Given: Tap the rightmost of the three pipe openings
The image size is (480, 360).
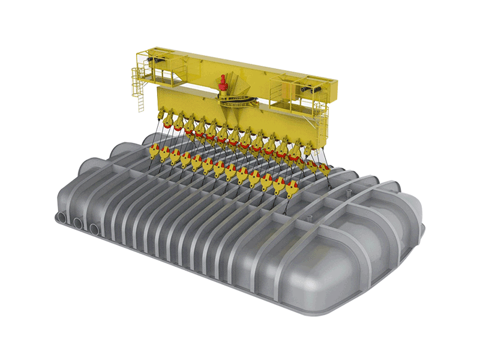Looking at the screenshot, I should click(95, 229).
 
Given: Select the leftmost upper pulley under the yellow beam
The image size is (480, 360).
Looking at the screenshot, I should click(161, 116).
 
